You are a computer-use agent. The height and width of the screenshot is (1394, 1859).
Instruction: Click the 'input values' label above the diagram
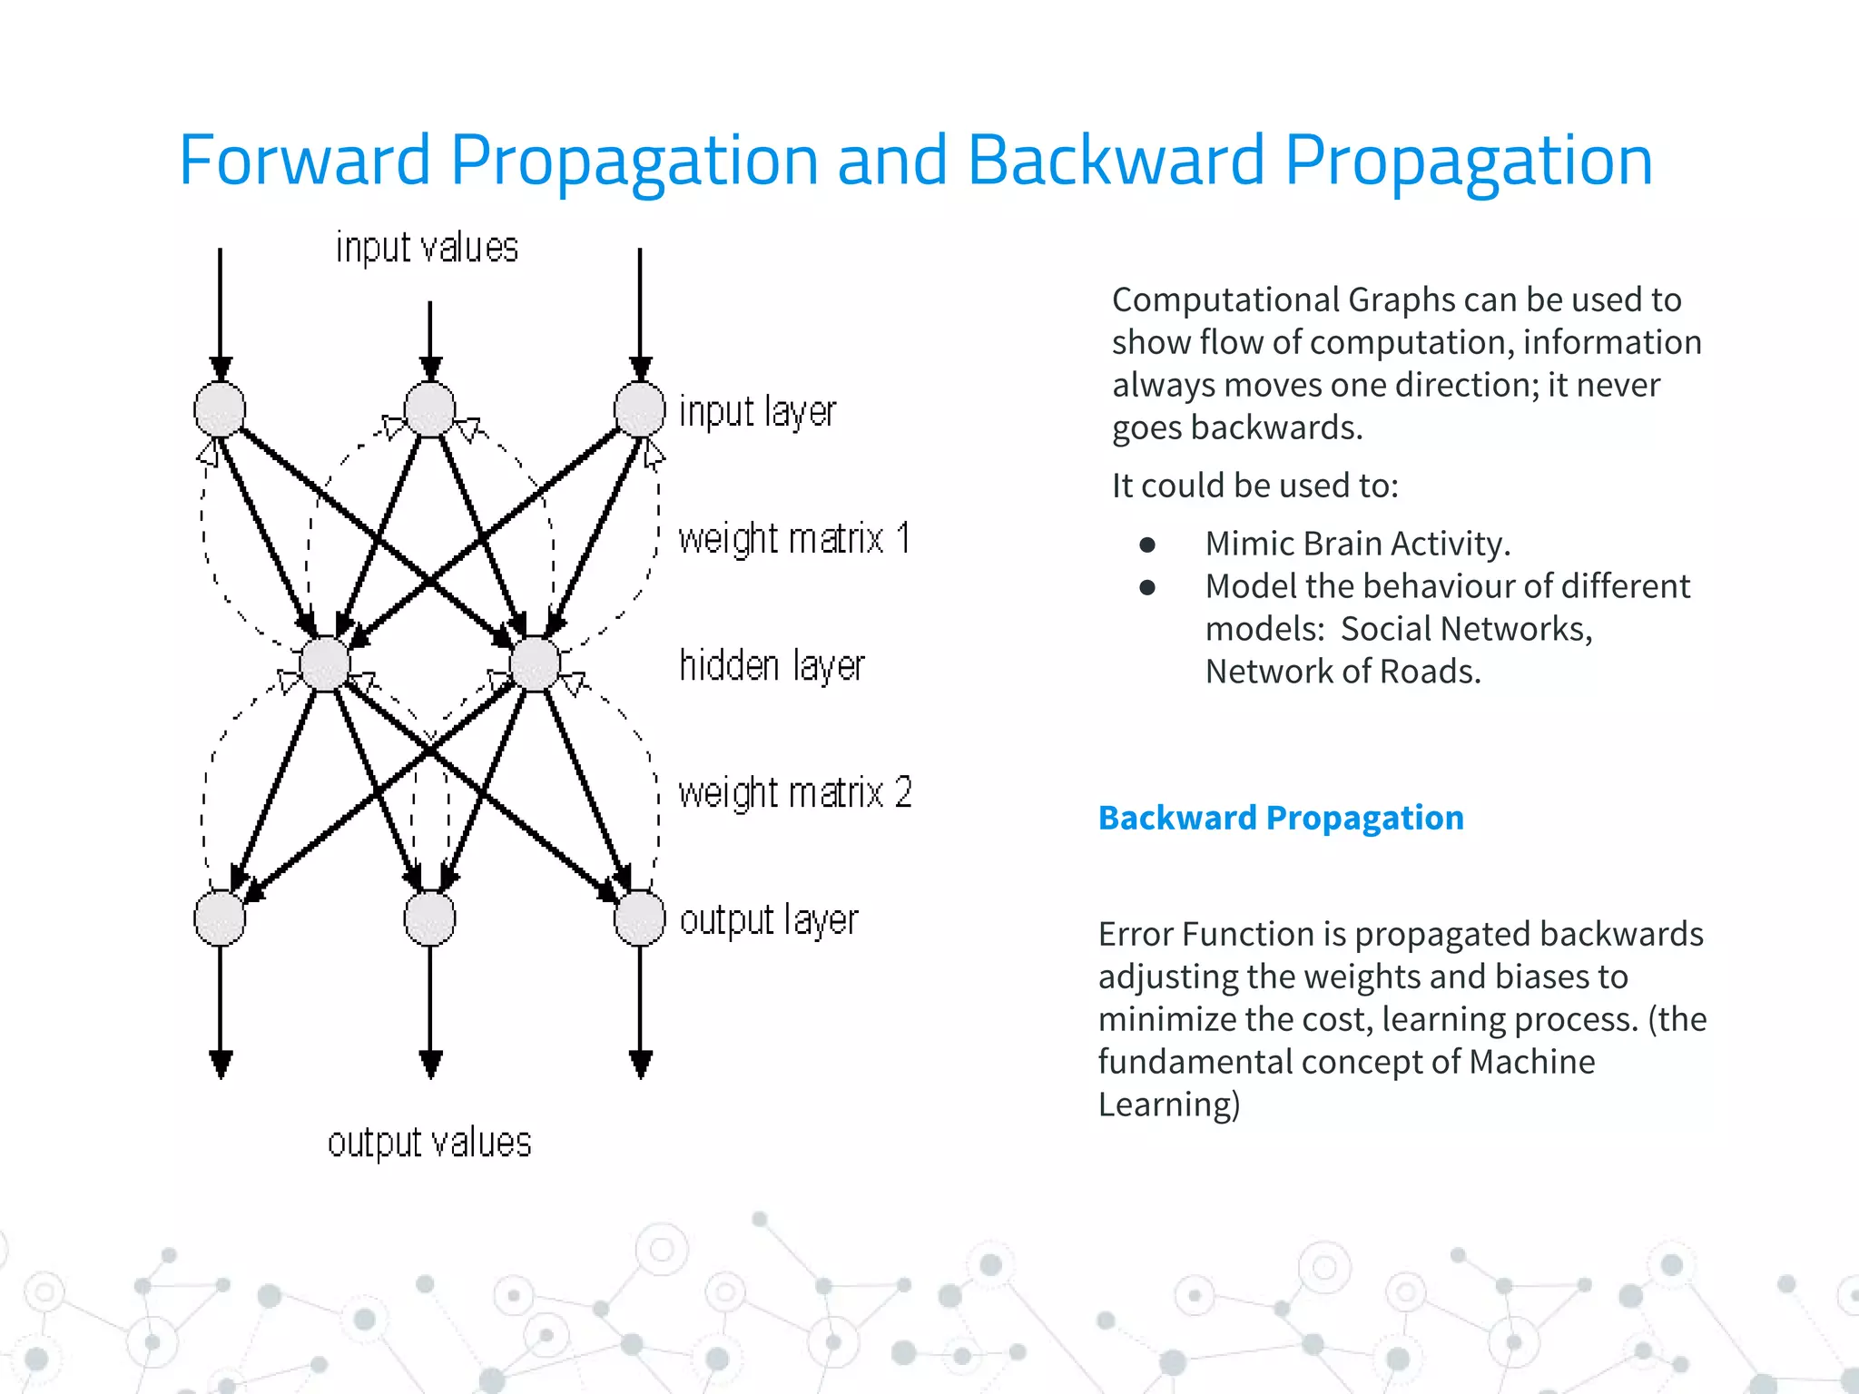coord(427,248)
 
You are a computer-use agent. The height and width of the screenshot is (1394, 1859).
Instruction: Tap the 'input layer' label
coord(757,412)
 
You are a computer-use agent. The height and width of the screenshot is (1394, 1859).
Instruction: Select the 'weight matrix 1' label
coord(794,539)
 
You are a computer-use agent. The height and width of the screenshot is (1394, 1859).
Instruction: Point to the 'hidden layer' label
coord(772,666)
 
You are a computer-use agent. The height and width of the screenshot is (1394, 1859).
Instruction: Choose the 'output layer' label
coord(769,920)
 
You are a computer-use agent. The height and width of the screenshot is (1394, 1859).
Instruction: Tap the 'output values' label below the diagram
coord(429,1143)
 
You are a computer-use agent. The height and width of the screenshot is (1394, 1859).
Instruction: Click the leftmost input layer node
coord(220,409)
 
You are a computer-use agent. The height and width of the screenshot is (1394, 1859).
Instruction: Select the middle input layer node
coord(429,409)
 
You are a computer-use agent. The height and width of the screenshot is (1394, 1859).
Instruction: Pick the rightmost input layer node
coord(640,409)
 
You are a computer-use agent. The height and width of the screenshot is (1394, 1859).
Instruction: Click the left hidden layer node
coord(325,663)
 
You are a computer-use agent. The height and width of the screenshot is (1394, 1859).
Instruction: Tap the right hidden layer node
coord(536,663)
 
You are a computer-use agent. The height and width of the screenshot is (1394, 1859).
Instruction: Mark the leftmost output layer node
coord(220,918)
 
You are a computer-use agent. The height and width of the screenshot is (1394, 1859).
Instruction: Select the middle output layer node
coord(429,918)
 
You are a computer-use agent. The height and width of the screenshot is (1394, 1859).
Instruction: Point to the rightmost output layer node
coord(640,918)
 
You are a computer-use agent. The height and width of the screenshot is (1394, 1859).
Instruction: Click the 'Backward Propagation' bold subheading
coord(1281,818)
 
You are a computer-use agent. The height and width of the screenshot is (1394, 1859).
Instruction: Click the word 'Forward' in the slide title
coord(304,161)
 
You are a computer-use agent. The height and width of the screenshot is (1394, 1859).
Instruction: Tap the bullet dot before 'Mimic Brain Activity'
coord(1147,545)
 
